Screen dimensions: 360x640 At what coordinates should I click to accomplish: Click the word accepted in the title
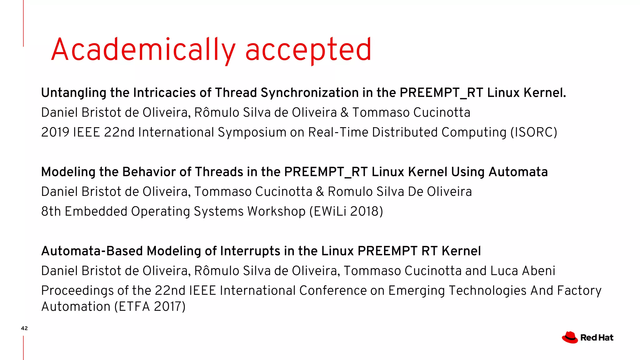308,50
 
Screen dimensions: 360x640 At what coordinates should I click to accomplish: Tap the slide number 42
24,328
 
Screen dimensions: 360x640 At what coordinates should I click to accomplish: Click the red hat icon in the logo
570,337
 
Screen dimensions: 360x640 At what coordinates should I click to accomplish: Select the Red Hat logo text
597,338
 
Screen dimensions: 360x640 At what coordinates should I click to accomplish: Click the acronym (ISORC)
534,132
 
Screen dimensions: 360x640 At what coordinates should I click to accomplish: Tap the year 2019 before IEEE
55,132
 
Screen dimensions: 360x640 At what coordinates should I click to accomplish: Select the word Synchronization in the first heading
310,93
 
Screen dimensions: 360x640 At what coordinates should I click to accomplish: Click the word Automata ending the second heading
518,172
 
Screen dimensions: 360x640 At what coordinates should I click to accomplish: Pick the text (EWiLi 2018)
346,212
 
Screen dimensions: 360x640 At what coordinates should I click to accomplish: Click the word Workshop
276,212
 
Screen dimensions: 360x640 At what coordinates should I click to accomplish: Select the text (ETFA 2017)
150,307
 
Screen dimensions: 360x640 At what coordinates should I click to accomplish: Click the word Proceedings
77,291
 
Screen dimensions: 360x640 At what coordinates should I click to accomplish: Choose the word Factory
579,291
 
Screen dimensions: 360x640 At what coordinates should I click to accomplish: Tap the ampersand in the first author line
344,112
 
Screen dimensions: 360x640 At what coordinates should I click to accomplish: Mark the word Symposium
252,132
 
